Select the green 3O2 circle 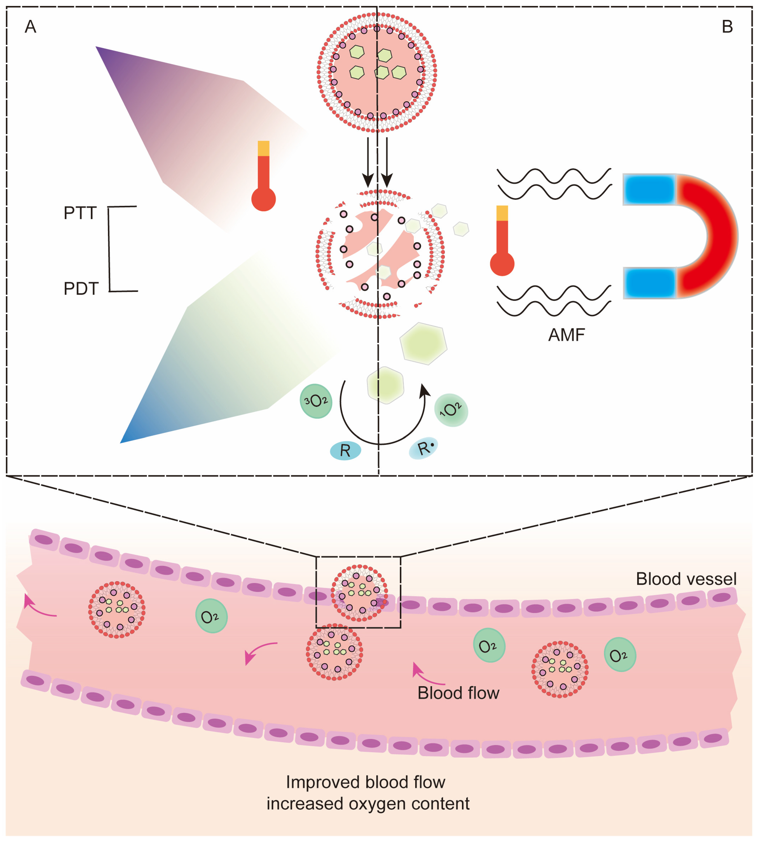316,401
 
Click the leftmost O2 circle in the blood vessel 211,616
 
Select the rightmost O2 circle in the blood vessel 620,654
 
